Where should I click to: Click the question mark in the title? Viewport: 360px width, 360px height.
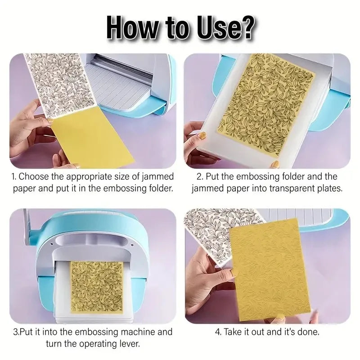(x=246, y=27)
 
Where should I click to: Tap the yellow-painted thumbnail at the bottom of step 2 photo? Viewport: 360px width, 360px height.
(x=276, y=164)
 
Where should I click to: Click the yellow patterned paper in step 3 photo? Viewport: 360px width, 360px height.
(x=97, y=287)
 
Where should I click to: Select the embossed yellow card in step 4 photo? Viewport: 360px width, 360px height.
(x=270, y=270)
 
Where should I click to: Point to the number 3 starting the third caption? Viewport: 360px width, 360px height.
(x=15, y=332)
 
